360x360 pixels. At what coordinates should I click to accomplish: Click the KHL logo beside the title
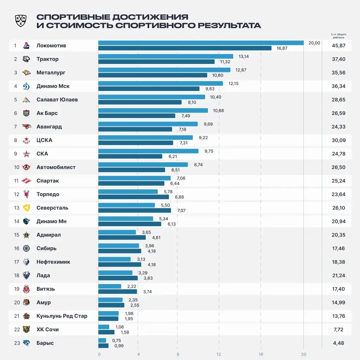[21, 21]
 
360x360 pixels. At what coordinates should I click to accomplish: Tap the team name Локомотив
[51, 46]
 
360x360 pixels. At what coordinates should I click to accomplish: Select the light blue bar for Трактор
[165, 56]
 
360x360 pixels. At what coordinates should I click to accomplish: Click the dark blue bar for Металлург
[152, 75]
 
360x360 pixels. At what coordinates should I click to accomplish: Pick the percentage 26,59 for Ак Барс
[339, 113]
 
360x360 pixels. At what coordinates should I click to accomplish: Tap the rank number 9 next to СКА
[16, 154]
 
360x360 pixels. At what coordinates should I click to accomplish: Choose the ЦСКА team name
[44, 140]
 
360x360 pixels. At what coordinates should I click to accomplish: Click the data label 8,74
[198, 165]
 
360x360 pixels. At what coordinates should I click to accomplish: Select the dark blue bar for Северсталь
[135, 210]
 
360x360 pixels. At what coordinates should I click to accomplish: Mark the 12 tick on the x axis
[219, 354]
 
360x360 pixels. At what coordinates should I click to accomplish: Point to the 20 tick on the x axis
[303, 354]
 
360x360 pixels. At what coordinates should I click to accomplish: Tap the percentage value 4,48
[339, 343]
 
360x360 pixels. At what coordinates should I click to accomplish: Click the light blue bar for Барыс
[102, 340]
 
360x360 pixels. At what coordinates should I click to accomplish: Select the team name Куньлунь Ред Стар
[62, 316]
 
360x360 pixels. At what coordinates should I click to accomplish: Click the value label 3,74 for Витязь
[148, 292]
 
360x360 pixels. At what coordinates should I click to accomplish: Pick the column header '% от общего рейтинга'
[339, 36]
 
